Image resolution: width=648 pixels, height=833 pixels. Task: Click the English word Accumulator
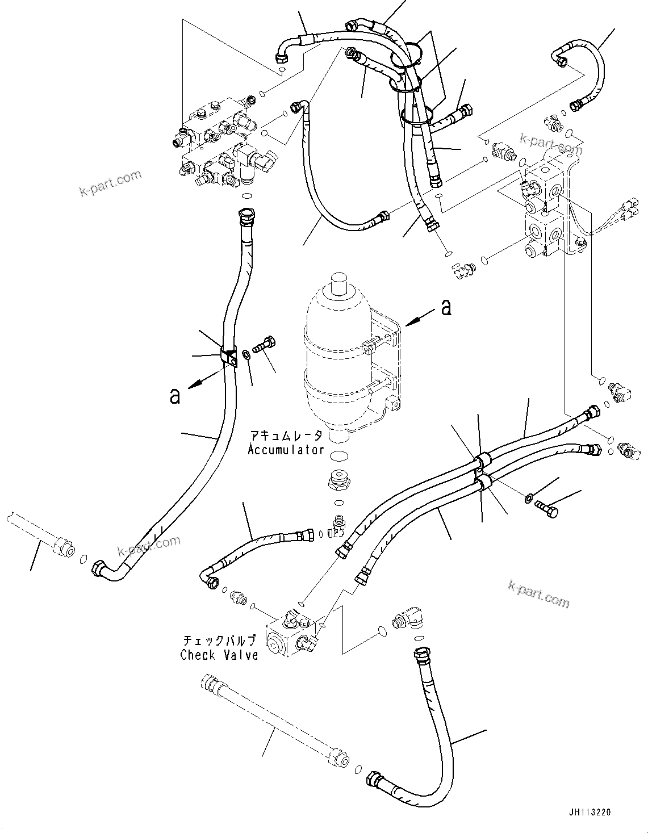[x=286, y=450]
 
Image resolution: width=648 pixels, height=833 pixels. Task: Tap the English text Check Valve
[x=219, y=655]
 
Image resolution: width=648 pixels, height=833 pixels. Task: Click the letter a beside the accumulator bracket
[x=446, y=307]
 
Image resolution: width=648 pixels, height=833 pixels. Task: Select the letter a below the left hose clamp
[x=175, y=395]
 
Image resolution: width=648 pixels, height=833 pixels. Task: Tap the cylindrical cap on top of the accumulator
[x=339, y=283]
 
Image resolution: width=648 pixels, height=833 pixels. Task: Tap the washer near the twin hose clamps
[x=528, y=499]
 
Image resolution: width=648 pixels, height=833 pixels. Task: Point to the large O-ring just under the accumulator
[x=338, y=456]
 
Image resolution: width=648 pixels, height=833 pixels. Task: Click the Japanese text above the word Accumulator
[x=286, y=436]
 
